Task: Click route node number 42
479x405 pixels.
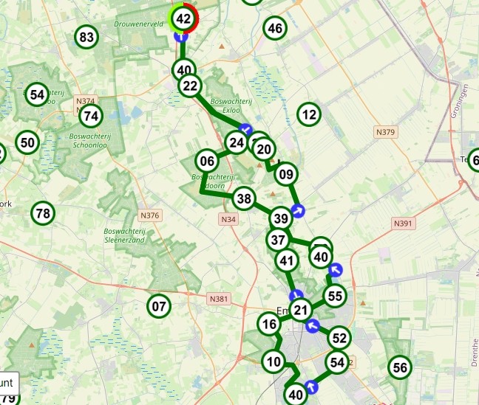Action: click(184, 18)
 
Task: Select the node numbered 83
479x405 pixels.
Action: click(87, 37)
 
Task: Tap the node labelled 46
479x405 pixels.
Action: click(275, 29)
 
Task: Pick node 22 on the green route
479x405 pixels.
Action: click(191, 86)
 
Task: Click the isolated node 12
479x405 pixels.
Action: click(309, 114)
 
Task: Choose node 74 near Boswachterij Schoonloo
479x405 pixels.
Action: click(91, 116)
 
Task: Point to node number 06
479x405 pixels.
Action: click(207, 161)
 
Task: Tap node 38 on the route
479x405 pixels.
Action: click(244, 198)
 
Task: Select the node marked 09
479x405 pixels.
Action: click(287, 175)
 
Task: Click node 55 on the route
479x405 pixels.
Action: click(336, 296)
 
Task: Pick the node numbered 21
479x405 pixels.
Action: click(300, 310)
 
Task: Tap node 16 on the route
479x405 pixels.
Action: click(270, 325)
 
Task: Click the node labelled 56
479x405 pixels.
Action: click(400, 367)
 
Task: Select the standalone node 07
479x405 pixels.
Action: click(159, 305)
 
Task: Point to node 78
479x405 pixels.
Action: click(43, 214)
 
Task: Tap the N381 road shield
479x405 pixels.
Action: click(218, 299)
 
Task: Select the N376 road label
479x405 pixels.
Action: click(149, 215)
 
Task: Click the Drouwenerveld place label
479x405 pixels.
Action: click(137, 24)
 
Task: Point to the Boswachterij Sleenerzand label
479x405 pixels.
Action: click(123, 235)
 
